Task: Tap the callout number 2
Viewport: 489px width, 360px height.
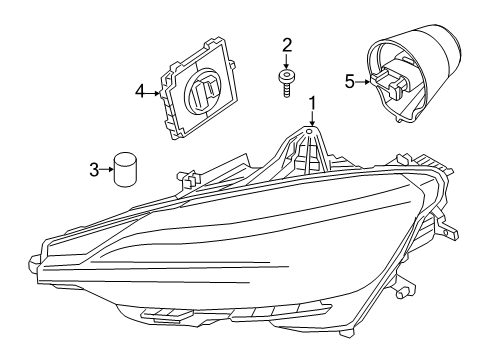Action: (287, 44)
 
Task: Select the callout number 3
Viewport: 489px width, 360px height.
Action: (95, 170)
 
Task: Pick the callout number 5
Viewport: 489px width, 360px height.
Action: (350, 81)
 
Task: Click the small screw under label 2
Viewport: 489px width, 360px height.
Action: (287, 80)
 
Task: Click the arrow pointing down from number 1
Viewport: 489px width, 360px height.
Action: (311, 117)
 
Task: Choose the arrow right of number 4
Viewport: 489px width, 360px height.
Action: (154, 93)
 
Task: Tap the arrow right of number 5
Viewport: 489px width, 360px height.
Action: (362, 81)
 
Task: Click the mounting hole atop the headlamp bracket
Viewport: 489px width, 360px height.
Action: (311, 130)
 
